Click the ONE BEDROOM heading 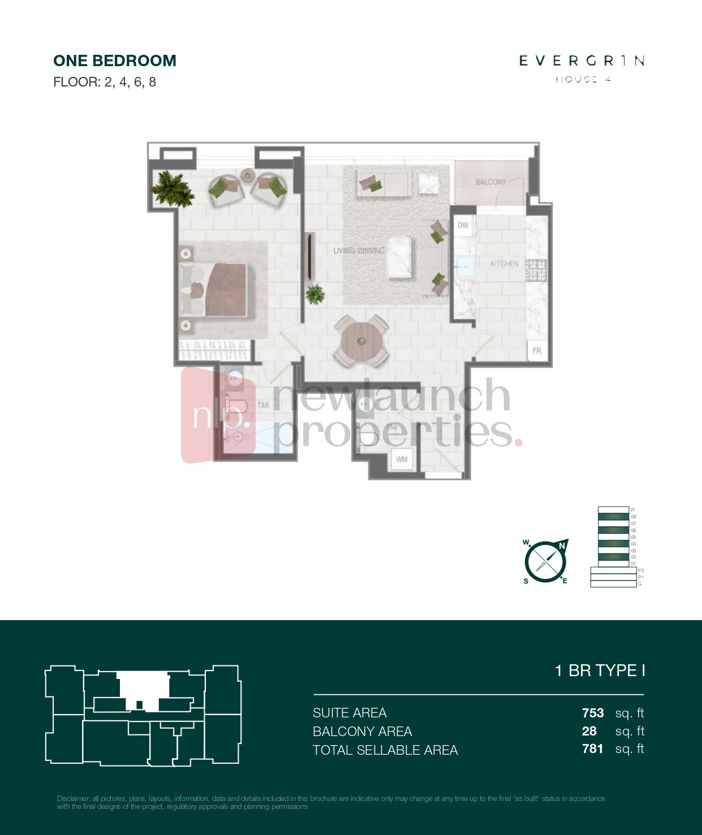pos(115,60)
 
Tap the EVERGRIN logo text pos(582,60)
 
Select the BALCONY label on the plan pos(490,182)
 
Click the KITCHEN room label pos(504,263)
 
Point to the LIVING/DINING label pos(359,250)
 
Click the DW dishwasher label pos(463,225)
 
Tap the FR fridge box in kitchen pos(537,351)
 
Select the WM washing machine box pos(402,459)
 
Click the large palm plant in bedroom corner pos(173,188)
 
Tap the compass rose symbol pos(545,561)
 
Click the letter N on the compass pos(562,546)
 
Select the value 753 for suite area pos(593,713)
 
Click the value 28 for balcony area pos(589,731)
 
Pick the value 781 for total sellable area pos(592,749)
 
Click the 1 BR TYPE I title pos(600,670)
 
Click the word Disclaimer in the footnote pos(73,799)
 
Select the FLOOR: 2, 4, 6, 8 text pos(105,82)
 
